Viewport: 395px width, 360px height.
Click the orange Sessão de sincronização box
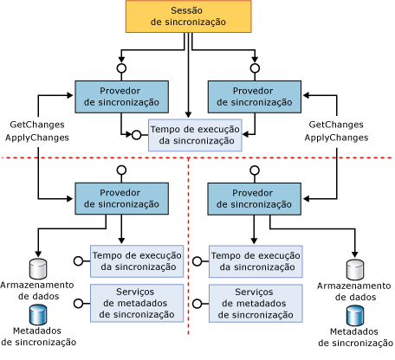pos(189,17)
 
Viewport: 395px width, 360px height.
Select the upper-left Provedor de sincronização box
pos(121,96)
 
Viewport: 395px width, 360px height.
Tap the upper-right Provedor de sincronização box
pos(255,96)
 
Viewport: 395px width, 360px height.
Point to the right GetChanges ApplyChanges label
pos(338,131)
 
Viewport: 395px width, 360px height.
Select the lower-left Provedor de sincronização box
pos(121,198)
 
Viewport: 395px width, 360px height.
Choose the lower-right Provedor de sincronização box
pos(255,198)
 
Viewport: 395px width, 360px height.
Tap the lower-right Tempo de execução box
pos(255,260)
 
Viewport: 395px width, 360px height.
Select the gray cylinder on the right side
pos(353,268)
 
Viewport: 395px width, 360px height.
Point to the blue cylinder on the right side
pos(353,315)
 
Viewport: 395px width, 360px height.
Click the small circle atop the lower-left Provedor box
pos(121,170)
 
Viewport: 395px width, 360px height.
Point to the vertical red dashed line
pos(189,260)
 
